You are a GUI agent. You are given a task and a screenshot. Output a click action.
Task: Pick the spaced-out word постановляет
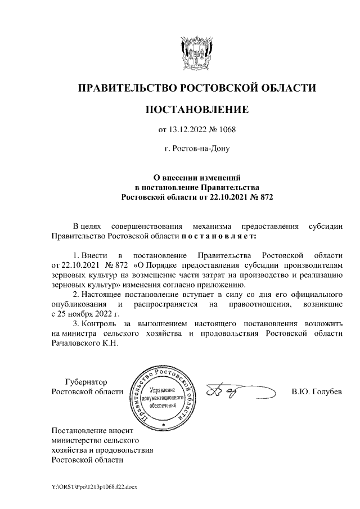tap(219, 237)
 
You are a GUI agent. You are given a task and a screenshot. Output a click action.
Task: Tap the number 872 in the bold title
tap(264, 197)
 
